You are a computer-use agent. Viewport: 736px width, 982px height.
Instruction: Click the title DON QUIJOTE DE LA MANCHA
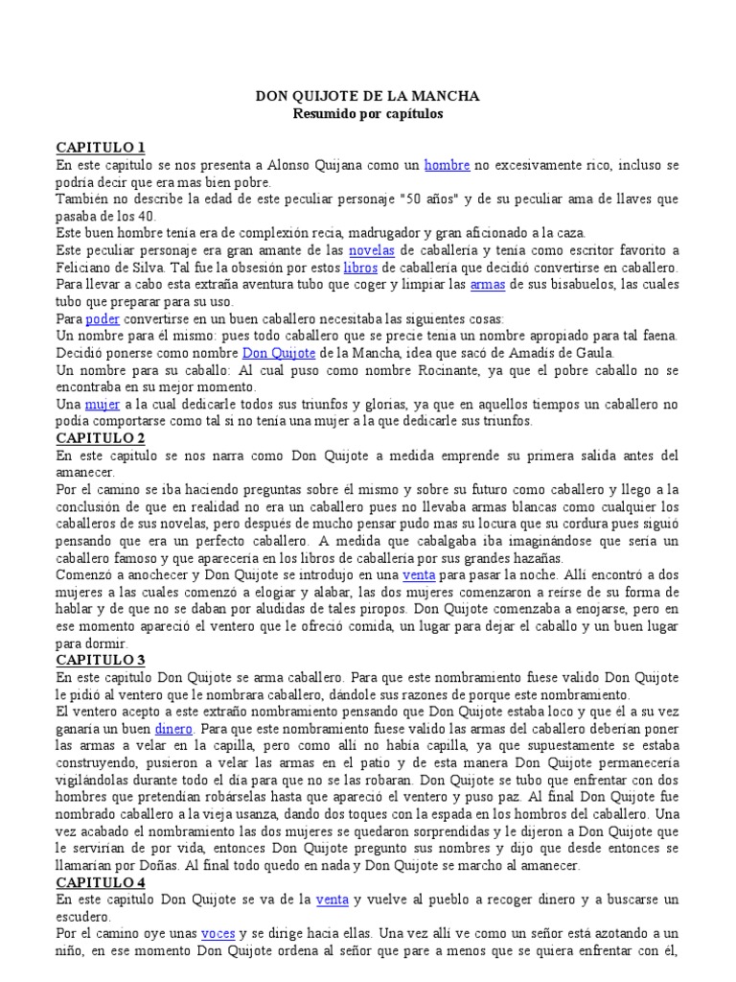[x=367, y=97]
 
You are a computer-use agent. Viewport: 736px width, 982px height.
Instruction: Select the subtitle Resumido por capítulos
[x=367, y=113]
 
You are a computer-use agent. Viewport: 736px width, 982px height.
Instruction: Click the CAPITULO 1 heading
[x=101, y=148]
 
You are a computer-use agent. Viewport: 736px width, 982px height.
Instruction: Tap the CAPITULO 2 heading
[x=101, y=438]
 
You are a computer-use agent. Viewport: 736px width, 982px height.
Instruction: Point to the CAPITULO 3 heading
[x=101, y=661]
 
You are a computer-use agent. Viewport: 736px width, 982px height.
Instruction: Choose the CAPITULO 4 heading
[x=101, y=882]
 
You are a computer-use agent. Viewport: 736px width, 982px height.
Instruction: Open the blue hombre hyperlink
[x=447, y=165]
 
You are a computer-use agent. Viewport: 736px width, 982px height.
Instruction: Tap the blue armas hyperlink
[x=487, y=284]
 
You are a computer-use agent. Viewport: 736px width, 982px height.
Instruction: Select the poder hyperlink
[x=102, y=318]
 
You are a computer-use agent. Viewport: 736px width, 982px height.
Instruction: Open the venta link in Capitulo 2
[x=420, y=575]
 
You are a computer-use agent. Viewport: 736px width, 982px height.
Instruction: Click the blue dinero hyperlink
[x=173, y=729]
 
